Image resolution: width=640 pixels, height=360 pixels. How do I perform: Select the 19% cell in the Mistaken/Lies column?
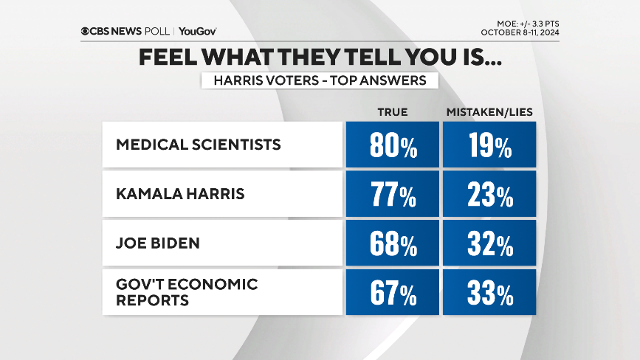[489, 145]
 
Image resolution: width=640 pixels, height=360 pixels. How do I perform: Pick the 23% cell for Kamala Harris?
[489, 195]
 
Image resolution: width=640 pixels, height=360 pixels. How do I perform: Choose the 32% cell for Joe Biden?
[489, 244]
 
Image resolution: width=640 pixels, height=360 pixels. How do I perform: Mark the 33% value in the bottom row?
[489, 293]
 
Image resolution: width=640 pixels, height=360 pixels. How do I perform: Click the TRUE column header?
[392, 111]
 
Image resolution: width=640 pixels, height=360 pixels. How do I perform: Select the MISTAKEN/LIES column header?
[489, 111]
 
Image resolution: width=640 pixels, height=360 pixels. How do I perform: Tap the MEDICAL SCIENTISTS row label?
[199, 145]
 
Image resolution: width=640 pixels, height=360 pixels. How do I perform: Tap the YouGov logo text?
[197, 31]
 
